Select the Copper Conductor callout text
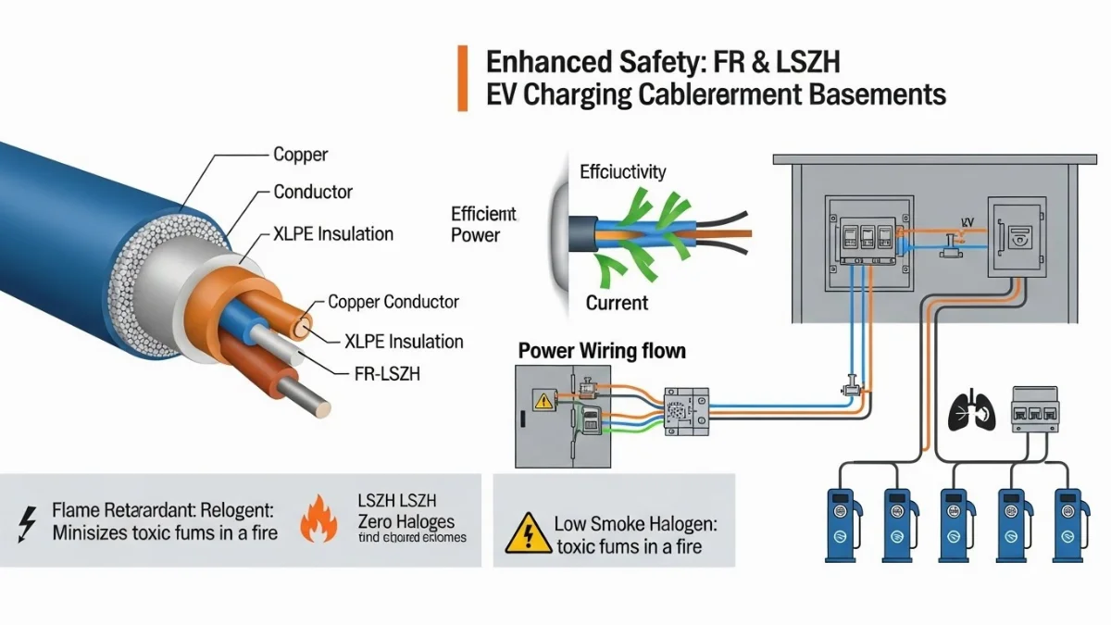pyautogui.click(x=393, y=302)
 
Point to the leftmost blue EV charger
pyautogui.click(x=843, y=523)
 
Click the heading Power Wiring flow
pyautogui.click(x=602, y=351)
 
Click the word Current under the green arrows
pyautogui.click(x=617, y=303)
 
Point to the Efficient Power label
pyautogui.click(x=483, y=224)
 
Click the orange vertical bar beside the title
pyautogui.click(x=463, y=78)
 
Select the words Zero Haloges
pyautogui.click(x=406, y=522)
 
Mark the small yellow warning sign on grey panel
pyautogui.click(x=540, y=400)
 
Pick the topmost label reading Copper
pyautogui.click(x=301, y=155)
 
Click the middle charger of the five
pyautogui.click(x=955, y=523)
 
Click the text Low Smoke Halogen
pyautogui.click(x=636, y=524)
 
